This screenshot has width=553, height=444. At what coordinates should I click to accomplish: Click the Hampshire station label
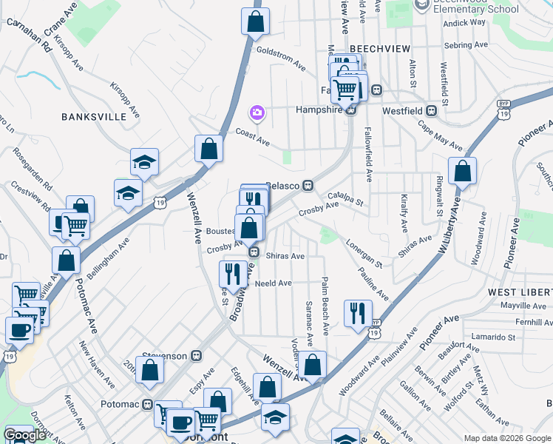tap(319, 110)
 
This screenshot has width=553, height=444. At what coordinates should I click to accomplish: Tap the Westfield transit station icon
tap(431, 110)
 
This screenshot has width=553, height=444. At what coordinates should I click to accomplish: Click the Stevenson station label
tap(169, 356)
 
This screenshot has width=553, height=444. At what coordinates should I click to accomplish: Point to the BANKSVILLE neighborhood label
tap(89, 117)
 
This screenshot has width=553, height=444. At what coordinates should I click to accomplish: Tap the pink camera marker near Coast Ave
tap(257, 112)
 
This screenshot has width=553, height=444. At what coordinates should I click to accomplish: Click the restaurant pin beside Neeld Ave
tap(234, 273)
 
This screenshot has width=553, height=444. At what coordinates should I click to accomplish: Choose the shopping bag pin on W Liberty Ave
tap(462, 172)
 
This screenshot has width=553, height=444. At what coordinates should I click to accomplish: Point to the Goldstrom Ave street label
tap(281, 58)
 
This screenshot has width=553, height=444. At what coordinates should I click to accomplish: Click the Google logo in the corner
tap(24, 436)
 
